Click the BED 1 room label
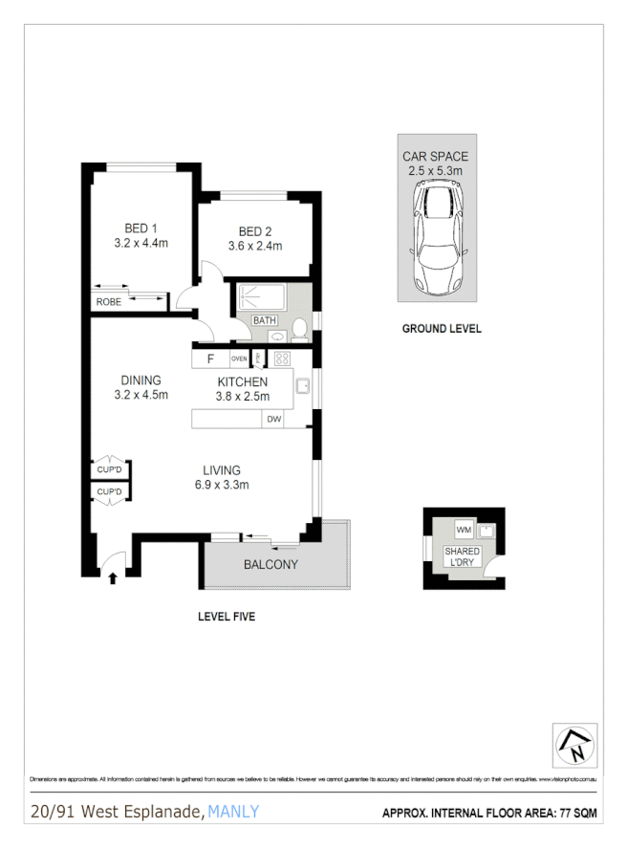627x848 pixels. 141,228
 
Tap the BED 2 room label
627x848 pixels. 255,231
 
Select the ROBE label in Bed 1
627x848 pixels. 107,302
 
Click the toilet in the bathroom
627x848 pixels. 299,330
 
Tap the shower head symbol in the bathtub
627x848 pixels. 244,296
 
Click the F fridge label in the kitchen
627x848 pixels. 209,359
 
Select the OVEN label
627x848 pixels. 239,359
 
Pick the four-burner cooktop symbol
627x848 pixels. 282,359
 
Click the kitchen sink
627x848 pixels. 302,386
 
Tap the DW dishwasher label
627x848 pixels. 273,419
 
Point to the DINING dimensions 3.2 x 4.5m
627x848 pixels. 141,394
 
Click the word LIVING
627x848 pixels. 221,470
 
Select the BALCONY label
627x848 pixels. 270,564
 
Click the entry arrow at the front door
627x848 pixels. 113,577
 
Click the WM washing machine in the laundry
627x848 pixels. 464,530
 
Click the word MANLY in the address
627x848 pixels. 233,813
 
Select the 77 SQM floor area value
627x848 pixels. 573,815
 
